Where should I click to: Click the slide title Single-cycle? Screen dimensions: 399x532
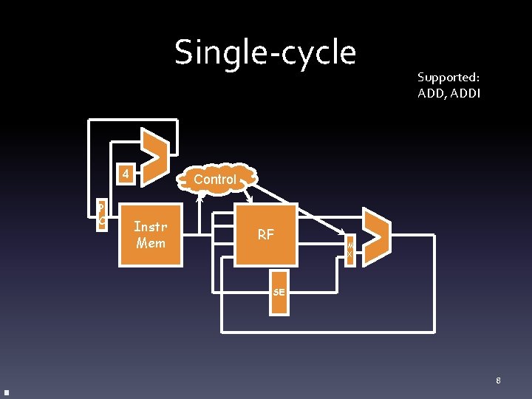pyautogui.click(x=265, y=52)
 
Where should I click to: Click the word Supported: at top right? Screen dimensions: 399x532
pyautogui.click(x=448, y=77)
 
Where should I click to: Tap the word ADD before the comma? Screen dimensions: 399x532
pyautogui.click(x=429, y=93)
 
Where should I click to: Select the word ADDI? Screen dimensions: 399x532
pyautogui.click(x=465, y=93)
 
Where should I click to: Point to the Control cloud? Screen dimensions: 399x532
pyautogui.click(x=215, y=179)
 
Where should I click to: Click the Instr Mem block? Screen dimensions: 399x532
pyautogui.click(x=151, y=234)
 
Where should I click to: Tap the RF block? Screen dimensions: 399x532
pyautogui.click(x=265, y=235)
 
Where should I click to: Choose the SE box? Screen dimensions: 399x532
pyautogui.click(x=279, y=292)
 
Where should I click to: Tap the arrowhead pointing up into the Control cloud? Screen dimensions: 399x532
pyautogui.click(x=199, y=197)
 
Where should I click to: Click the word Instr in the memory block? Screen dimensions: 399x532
pyautogui.click(x=151, y=227)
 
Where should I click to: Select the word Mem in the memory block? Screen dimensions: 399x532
pyautogui.click(x=151, y=242)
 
